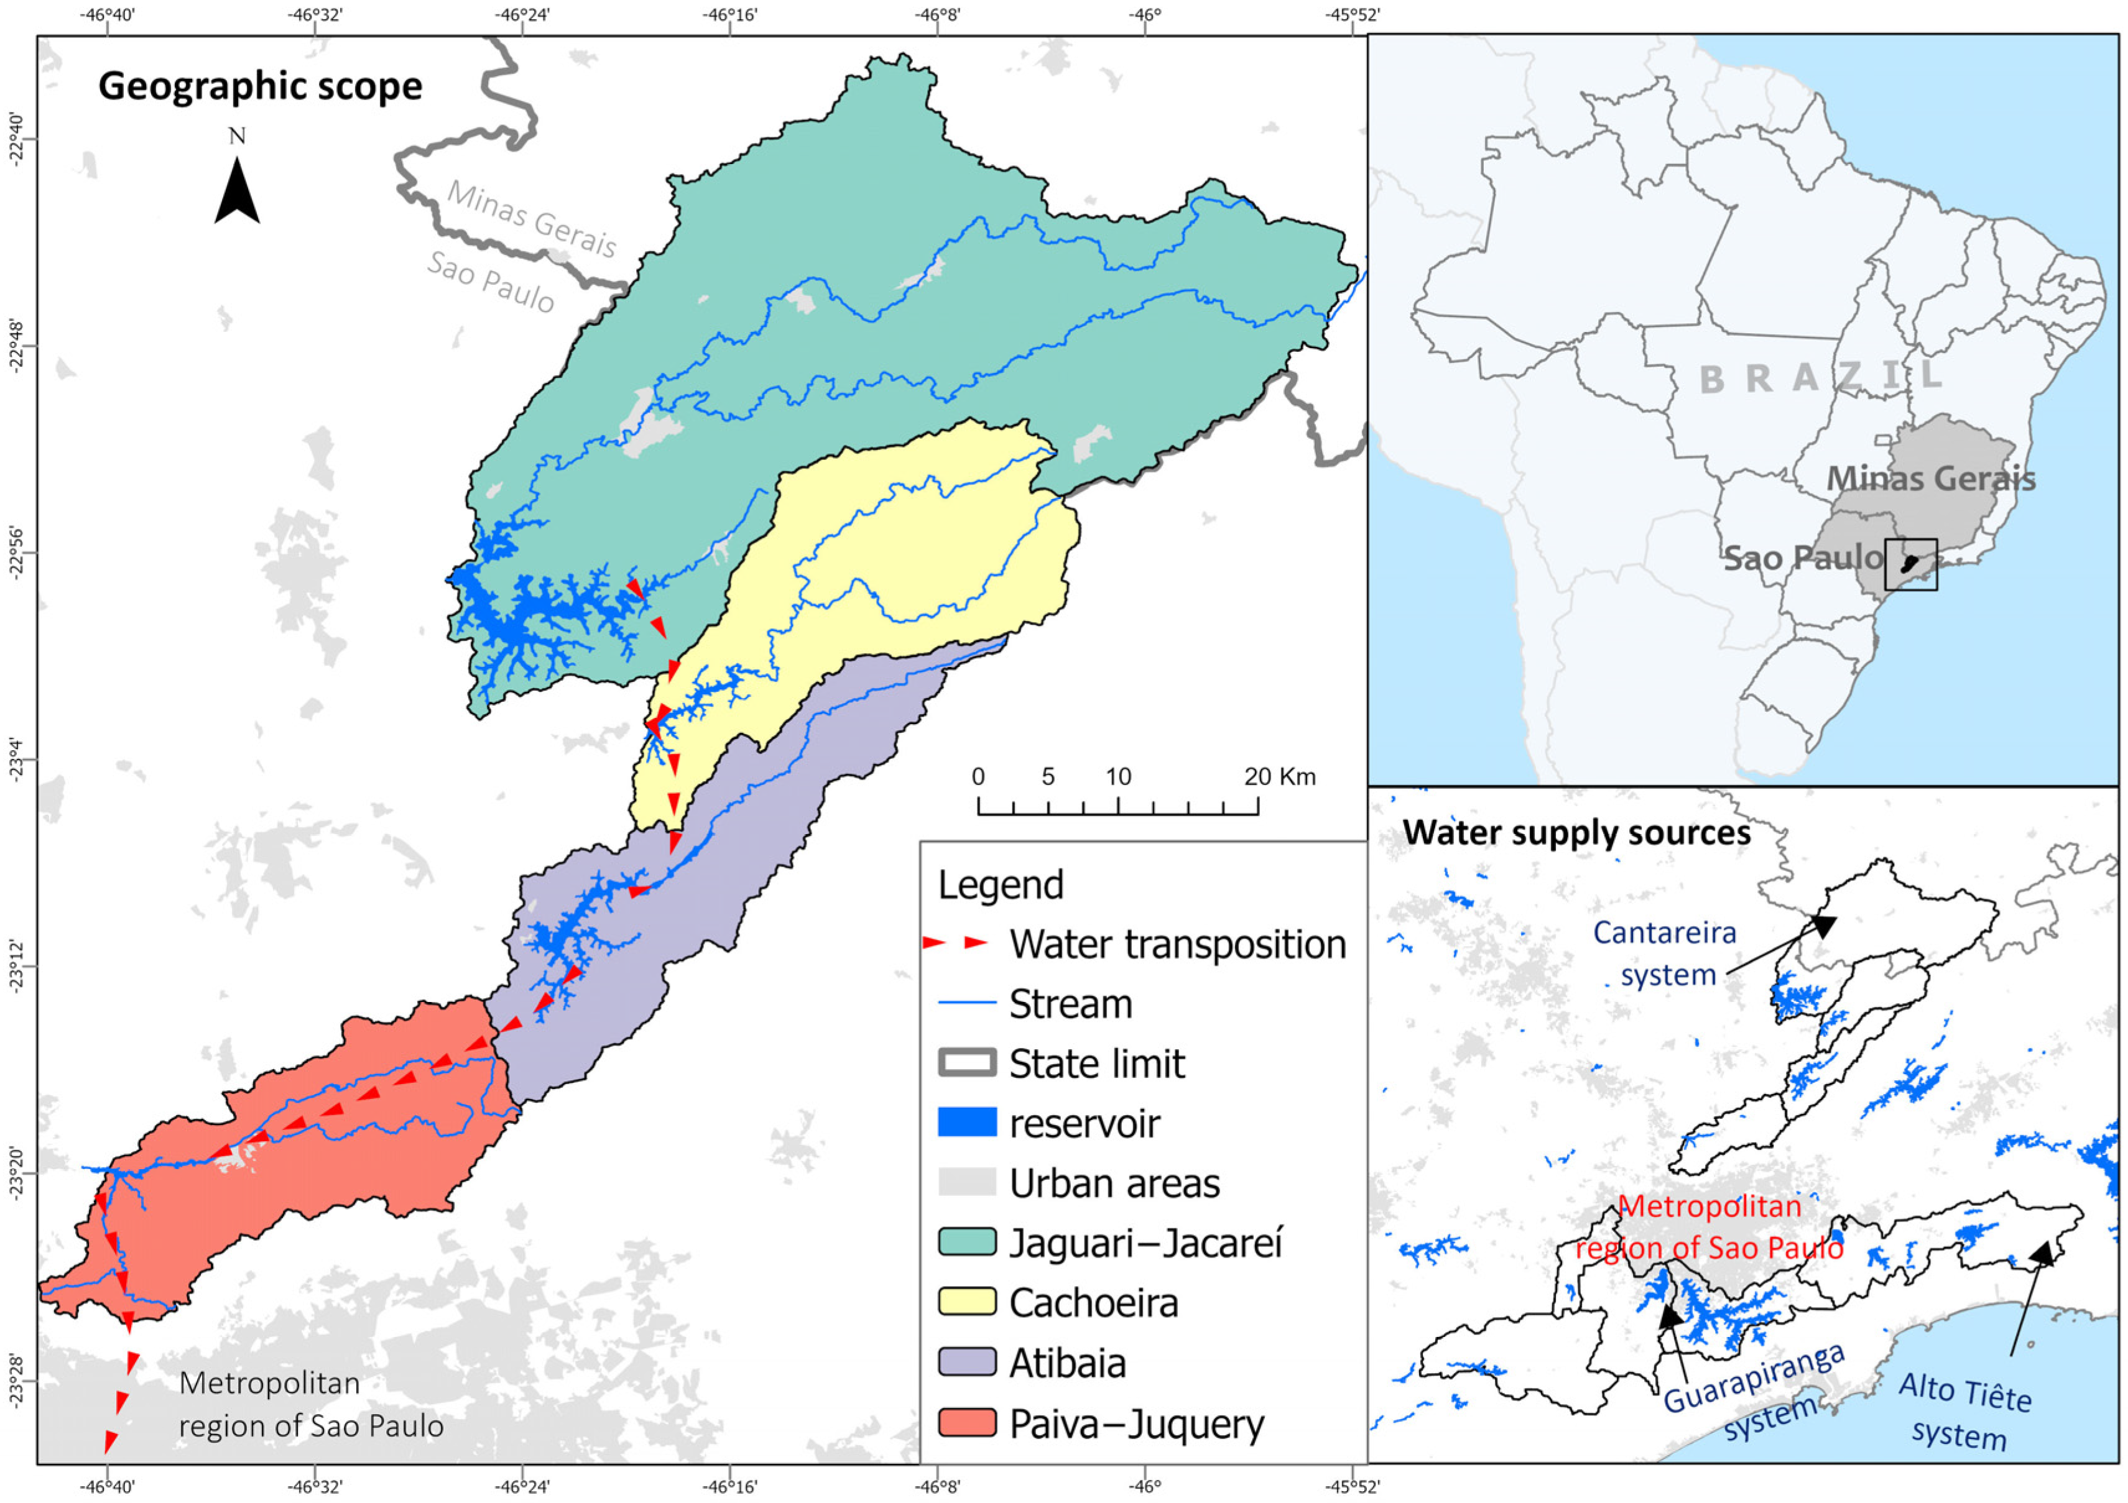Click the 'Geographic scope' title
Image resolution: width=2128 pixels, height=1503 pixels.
coord(261,86)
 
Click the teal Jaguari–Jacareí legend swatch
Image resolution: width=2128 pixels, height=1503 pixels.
coord(967,1242)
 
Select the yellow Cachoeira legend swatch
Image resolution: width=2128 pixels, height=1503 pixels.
coord(967,1302)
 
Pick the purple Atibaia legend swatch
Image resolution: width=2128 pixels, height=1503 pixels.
coord(967,1362)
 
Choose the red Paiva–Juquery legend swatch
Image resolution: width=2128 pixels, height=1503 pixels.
coord(967,1422)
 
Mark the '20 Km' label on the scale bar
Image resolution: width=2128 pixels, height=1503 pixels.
coord(1279,776)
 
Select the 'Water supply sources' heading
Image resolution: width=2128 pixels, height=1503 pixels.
coord(1576,833)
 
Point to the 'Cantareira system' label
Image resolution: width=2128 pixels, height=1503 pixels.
coord(1665,952)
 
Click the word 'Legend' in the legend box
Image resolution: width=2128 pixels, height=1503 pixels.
coord(1001,885)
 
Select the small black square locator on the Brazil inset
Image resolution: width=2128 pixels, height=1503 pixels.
coord(1910,564)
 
